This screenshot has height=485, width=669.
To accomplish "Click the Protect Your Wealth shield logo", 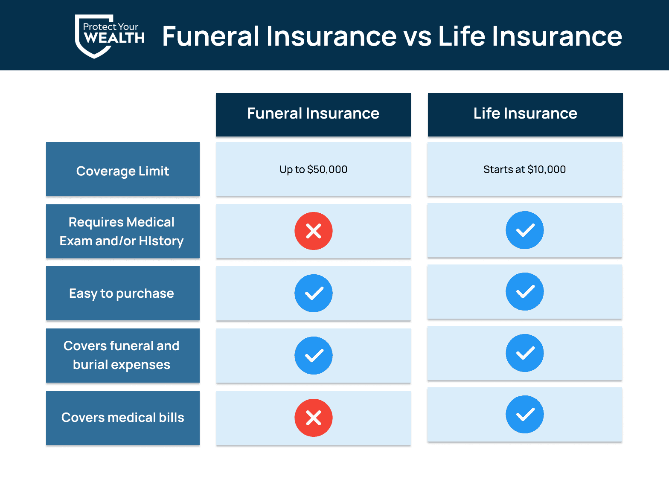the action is coord(109,36).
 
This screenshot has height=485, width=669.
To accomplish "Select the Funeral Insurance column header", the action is coord(313,115).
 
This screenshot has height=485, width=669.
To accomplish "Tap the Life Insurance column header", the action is coord(525,115).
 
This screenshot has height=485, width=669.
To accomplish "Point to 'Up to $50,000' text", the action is coord(313,169).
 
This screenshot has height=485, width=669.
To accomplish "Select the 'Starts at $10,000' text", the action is coord(524,169).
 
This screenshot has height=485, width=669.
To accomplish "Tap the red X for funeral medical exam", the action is coord(313,231).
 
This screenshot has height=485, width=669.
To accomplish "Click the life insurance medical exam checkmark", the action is coord(525,230).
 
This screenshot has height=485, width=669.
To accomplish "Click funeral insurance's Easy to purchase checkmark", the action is coord(313,293).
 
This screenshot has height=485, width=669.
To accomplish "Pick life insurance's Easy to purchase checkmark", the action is coord(525,291).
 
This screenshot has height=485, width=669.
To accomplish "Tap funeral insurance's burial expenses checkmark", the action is coord(313,355).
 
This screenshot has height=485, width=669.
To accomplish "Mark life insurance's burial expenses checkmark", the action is coord(525,353).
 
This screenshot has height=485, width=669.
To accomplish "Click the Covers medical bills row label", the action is coord(123,418).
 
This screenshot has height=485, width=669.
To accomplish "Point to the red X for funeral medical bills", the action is coord(313,418).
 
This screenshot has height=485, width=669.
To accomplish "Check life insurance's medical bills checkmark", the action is coord(525,414).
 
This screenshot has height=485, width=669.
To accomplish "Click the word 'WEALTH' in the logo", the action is coord(114,38).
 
